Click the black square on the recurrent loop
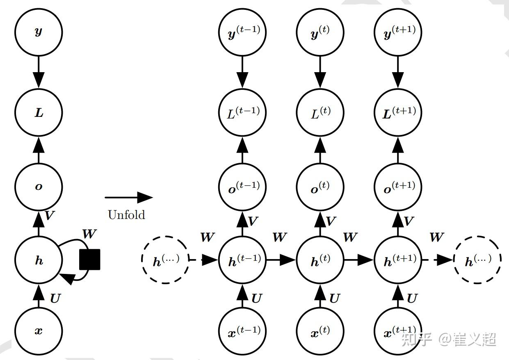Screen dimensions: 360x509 pyautogui.click(x=89, y=259)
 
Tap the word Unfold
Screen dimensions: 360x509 pyautogui.click(x=126, y=214)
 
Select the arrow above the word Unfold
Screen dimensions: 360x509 pyautogui.click(x=129, y=197)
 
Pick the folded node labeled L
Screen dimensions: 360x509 pyautogui.click(x=39, y=112)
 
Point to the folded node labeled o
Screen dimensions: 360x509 pyautogui.click(x=39, y=187)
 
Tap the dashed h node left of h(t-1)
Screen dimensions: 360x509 pyautogui.click(x=165, y=260)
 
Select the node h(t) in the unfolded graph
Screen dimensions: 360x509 pyautogui.click(x=320, y=260)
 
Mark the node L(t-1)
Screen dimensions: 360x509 pyautogui.click(x=243, y=112)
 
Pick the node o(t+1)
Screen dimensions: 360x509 pyautogui.click(x=398, y=187)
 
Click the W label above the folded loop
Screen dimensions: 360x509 pyautogui.click(x=89, y=235)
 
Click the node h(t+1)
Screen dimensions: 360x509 pyautogui.click(x=398, y=260)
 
